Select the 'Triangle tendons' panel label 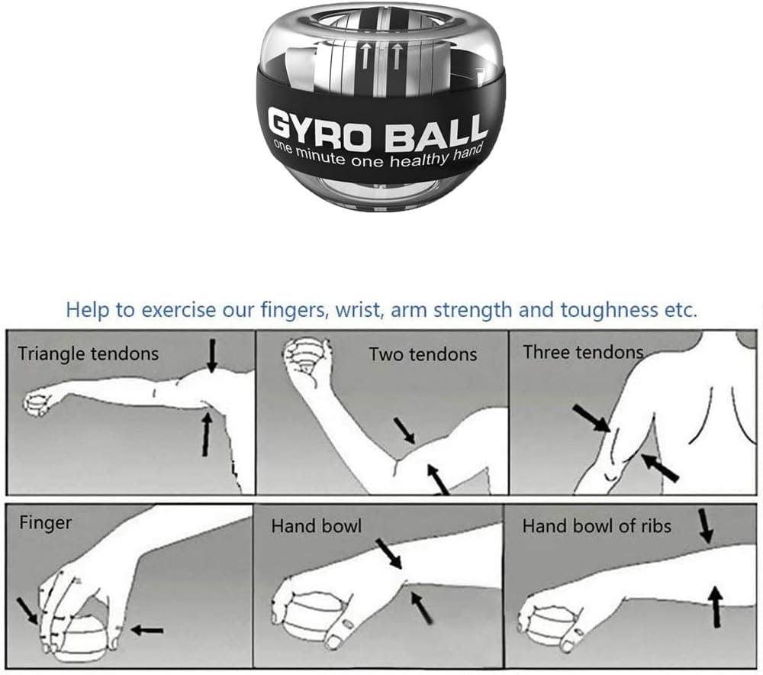pos(89,354)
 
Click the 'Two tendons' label pos(423,354)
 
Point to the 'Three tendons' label pos(583,352)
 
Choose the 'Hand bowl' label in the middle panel pos(316,526)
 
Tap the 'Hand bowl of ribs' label pos(597,526)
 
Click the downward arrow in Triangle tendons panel pos(212,355)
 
